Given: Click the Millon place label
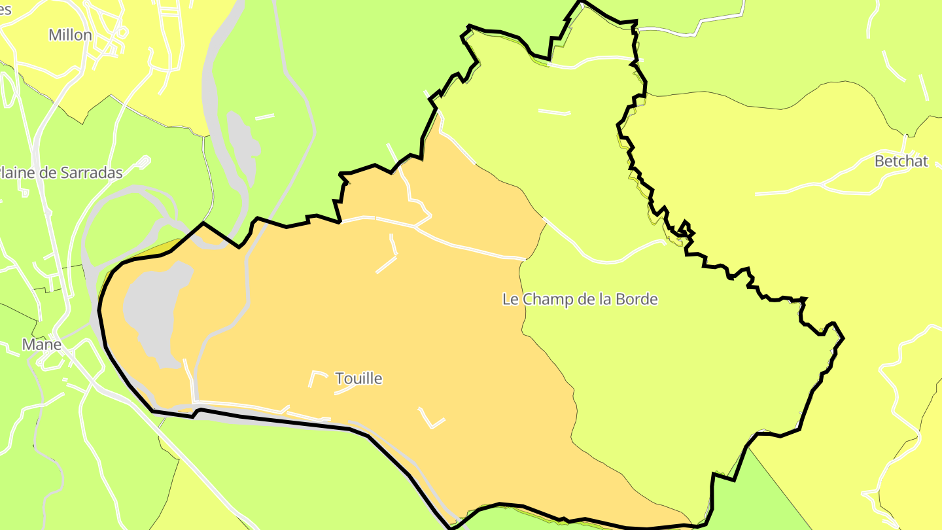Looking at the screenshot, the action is click(x=70, y=35).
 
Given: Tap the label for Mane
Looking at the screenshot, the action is click(x=42, y=345).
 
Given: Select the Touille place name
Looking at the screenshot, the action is click(x=358, y=379).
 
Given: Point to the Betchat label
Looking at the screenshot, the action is click(x=901, y=162).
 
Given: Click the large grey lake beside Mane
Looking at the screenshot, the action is click(x=154, y=314).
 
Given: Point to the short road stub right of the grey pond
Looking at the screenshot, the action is click(x=264, y=117).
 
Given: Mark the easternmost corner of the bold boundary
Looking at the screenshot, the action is click(x=843, y=338).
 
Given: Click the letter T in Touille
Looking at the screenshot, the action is click(x=339, y=379).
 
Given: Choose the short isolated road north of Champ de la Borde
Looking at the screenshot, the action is click(x=554, y=112).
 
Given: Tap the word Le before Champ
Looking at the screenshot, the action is click(x=510, y=300).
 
